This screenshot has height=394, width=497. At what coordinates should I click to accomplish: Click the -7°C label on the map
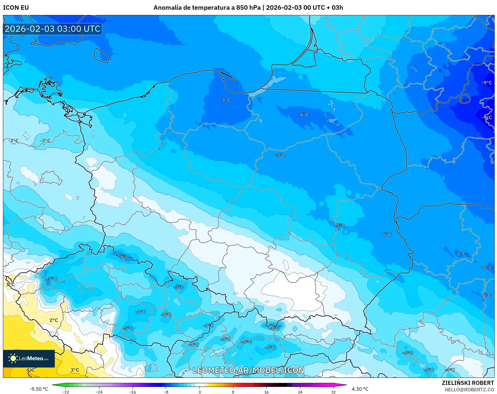(x=225, y=100)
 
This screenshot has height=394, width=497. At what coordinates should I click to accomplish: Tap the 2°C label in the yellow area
(x=54, y=320)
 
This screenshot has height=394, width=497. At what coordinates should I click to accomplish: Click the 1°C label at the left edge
(x=10, y=284)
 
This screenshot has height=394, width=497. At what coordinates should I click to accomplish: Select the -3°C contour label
(x=209, y=326)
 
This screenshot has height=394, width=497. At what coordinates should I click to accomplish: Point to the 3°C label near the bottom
(x=75, y=370)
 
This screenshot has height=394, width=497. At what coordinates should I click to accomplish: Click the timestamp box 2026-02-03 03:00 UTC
(x=52, y=29)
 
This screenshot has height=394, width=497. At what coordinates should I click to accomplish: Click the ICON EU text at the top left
(x=16, y=8)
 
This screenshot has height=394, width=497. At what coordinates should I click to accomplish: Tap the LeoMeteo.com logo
(x=29, y=358)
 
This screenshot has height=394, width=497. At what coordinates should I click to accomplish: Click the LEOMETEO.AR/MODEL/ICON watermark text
(x=248, y=370)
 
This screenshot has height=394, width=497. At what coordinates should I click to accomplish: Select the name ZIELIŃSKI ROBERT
(x=468, y=383)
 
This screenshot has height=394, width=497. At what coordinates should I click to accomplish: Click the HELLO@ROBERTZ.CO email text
(x=469, y=390)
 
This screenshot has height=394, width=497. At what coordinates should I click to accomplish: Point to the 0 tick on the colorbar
(x=200, y=392)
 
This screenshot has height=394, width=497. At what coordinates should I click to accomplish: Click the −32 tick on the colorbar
(x=66, y=392)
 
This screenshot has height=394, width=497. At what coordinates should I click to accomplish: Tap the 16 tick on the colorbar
(x=266, y=392)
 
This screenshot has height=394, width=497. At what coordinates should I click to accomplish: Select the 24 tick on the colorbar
(x=300, y=392)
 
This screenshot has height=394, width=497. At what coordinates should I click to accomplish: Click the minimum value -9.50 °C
(x=39, y=389)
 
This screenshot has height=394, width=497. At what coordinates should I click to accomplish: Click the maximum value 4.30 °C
(x=360, y=389)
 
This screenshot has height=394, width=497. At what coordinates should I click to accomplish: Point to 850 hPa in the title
(x=248, y=8)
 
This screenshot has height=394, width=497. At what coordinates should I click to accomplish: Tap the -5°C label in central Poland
(x=280, y=155)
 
